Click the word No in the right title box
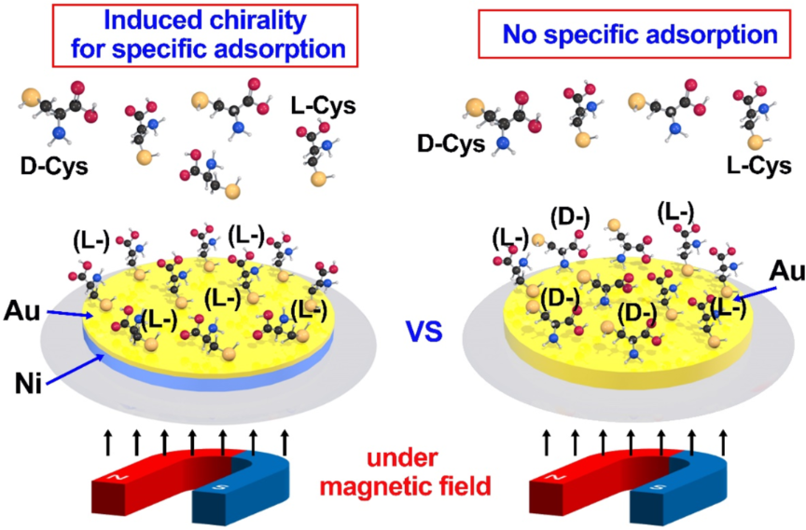(518, 35)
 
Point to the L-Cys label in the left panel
(324, 106)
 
